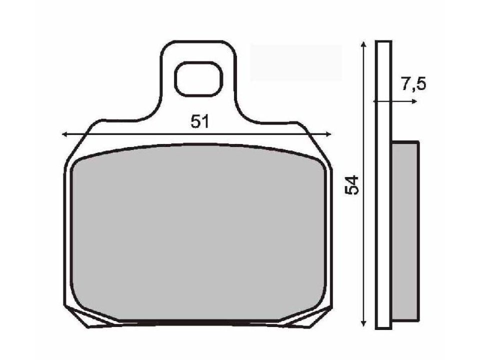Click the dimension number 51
click(x=198, y=122)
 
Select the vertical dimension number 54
click(x=352, y=185)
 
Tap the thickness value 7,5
click(x=413, y=84)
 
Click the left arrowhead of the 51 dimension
click(x=64, y=134)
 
